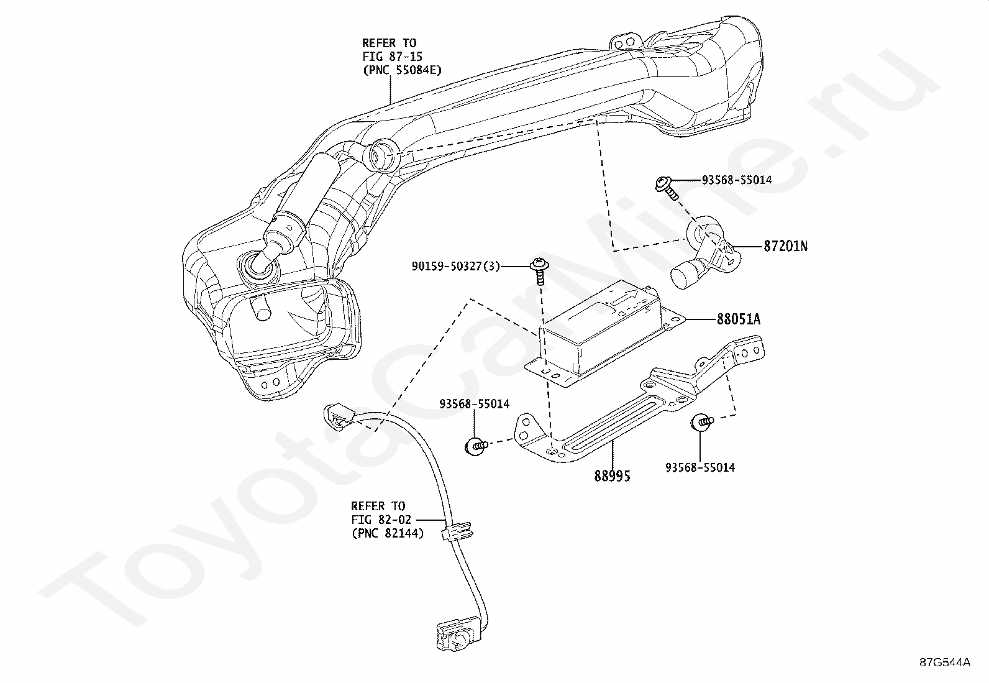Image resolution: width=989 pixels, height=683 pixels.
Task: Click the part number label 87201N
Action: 785,246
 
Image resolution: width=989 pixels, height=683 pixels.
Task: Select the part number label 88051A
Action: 738,319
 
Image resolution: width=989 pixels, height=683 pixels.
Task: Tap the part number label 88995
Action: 612,476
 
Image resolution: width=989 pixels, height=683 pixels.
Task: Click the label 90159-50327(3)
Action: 455,267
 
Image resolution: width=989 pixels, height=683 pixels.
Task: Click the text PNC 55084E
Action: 406,70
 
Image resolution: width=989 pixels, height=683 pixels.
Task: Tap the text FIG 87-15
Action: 393,57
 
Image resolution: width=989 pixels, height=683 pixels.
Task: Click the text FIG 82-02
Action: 381,520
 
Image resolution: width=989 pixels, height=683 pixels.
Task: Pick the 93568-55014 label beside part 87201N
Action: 737,180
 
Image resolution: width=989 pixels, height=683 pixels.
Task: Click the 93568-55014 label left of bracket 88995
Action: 474,404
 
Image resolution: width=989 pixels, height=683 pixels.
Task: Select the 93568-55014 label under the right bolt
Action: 700,467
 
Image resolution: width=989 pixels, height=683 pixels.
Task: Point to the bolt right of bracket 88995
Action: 701,423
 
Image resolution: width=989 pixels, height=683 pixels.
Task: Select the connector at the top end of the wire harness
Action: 339,415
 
